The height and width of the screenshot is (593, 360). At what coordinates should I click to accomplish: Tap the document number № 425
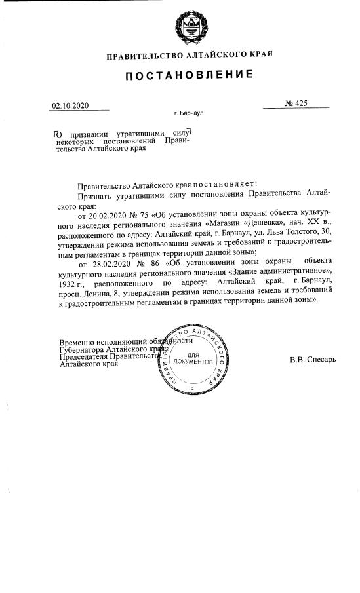coord(296,103)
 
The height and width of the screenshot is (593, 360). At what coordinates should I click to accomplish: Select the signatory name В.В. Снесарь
coord(312,360)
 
